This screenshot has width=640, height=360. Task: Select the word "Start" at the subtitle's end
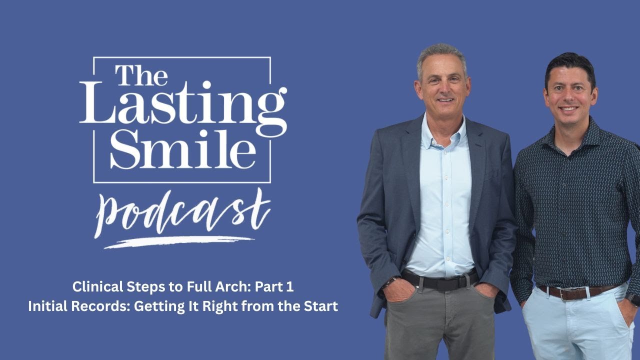(322, 306)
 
